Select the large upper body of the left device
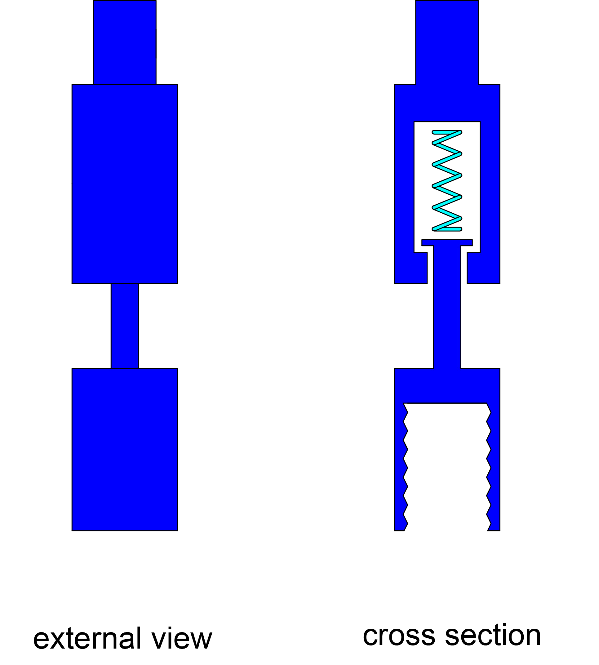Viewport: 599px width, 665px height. pyautogui.click(x=124, y=184)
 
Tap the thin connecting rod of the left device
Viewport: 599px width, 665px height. pyautogui.click(x=124, y=326)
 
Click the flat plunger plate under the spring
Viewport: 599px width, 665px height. pyautogui.click(x=447, y=242)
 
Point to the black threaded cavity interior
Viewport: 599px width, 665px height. pyautogui.click(x=447, y=467)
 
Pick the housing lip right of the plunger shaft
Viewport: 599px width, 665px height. pyautogui.click(x=483, y=268)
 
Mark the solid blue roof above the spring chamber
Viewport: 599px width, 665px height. pyautogui.click(x=447, y=103)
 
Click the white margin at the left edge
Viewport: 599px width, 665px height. pyautogui.click(x=16, y=296)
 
